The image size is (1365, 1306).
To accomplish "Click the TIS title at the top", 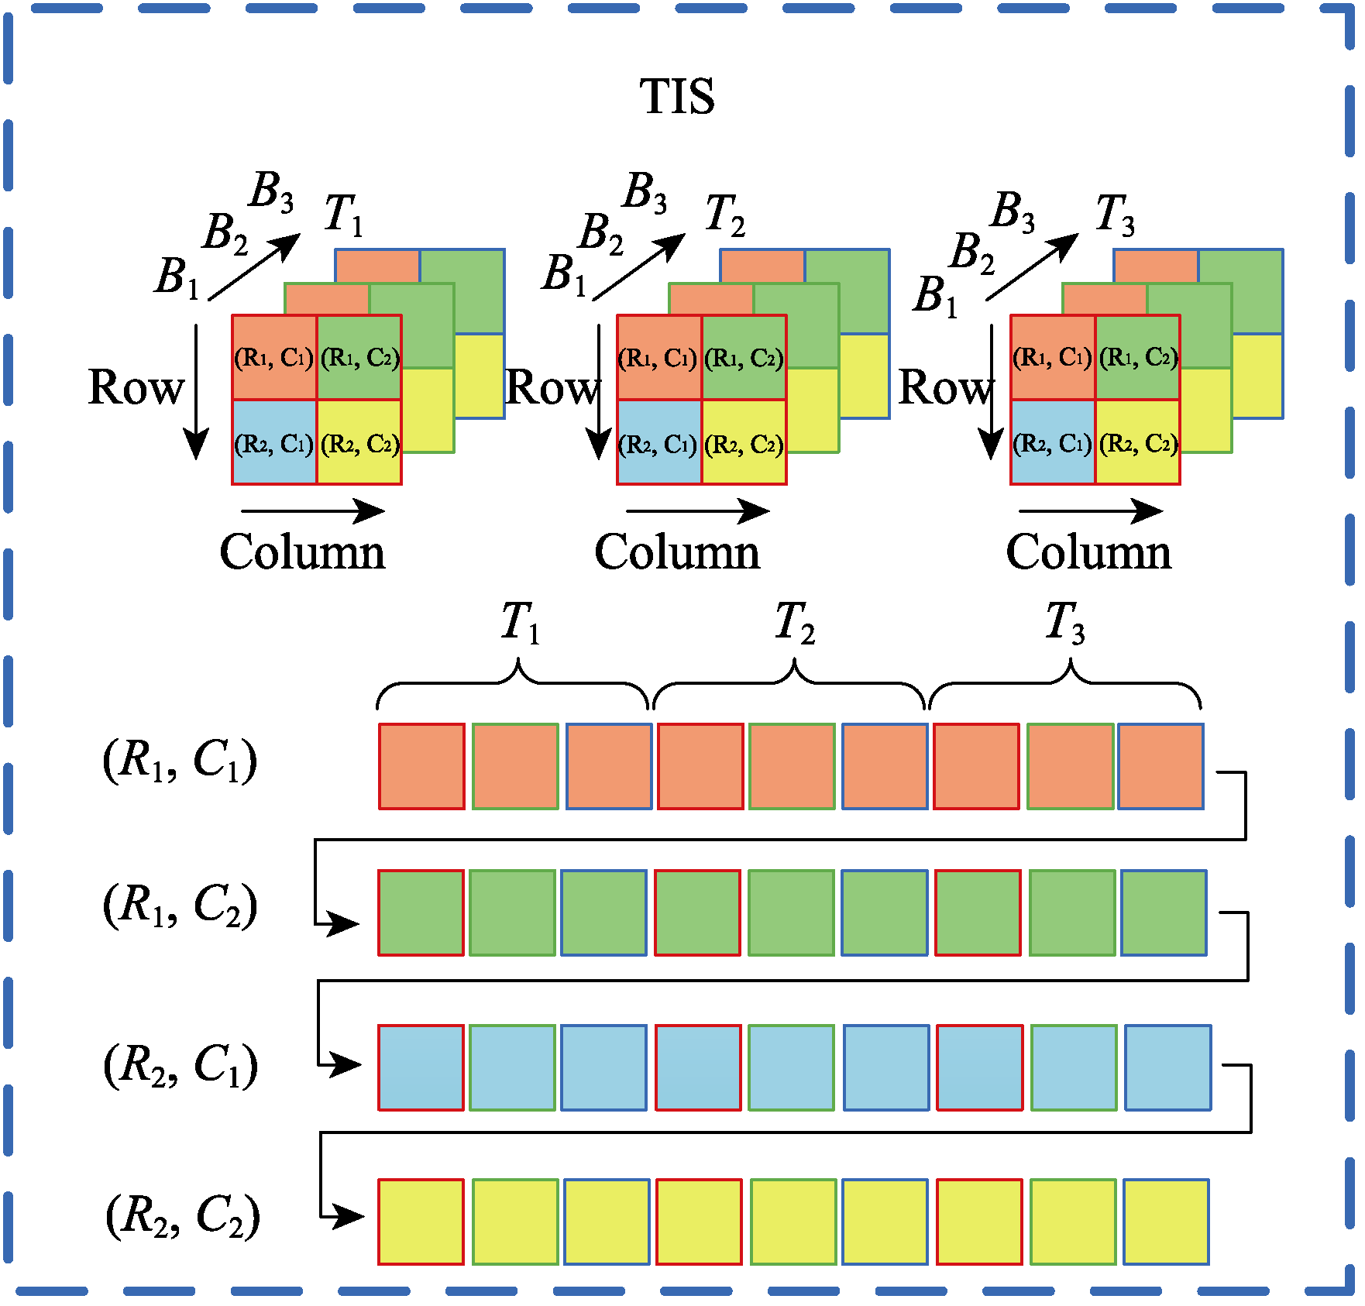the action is pos(677,97).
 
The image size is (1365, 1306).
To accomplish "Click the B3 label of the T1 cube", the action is pos(271,191).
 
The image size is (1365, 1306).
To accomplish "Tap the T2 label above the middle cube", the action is pos(725,215).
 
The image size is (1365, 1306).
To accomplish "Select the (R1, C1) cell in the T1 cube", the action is pos(274,357).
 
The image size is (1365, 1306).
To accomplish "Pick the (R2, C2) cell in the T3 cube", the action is pos(1138,442).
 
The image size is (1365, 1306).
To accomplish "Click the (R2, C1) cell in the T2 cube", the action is pos(658,442).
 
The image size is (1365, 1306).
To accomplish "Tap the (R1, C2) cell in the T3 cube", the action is pos(1138,357).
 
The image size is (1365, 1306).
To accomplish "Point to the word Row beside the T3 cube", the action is pos(945,387).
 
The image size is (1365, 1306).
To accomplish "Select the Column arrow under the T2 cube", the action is pos(698,511).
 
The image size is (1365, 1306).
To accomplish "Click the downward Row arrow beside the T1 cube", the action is pos(196,392).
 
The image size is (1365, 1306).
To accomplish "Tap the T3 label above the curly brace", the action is pos(1065,622).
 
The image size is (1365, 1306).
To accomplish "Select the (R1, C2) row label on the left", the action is pos(180,906).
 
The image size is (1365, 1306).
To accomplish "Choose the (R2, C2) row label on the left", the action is pos(183,1215).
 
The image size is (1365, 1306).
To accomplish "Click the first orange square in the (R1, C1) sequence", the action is pos(421,766).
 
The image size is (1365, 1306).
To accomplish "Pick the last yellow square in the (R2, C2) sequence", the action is pos(1166,1222).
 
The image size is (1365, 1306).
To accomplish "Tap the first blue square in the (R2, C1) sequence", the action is pos(421,1067).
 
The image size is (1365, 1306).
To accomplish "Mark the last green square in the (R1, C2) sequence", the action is pos(1164,912).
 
